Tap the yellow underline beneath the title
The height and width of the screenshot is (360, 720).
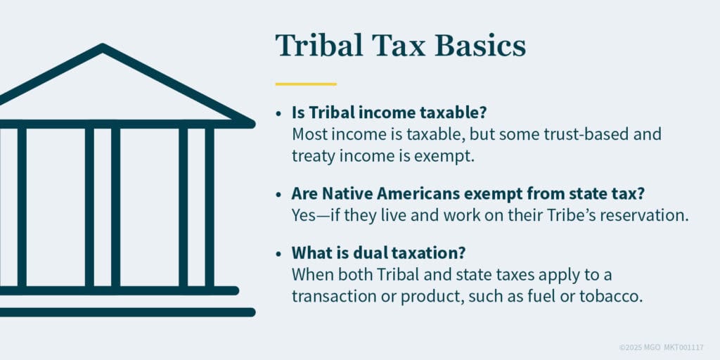pyautogui.click(x=306, y=84)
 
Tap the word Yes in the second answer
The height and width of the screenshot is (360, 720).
pyautogui.click(x=304, y=215)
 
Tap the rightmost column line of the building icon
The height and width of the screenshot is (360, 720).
pyautogui.click(x=210, y=207)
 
